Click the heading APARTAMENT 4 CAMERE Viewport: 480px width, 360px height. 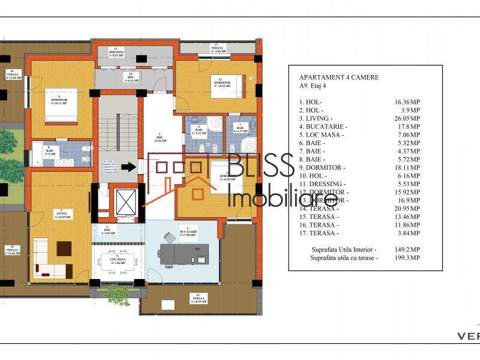(x=338, y=77)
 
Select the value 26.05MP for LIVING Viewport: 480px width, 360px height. (x=407, y=119)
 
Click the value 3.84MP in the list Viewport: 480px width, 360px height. (x=408, y=233)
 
